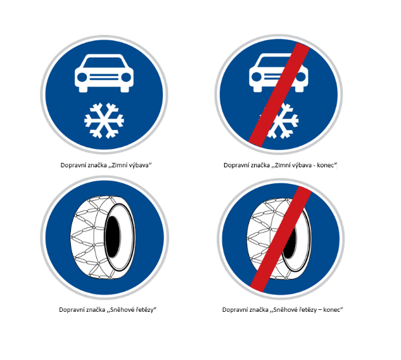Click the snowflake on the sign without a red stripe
point(104,120)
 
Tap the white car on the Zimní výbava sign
point(104,73)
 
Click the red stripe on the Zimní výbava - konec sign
point(279,94)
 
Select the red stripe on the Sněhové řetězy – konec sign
point(281,239)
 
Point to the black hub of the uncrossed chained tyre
point(113,237)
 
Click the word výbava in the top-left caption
point(139,165)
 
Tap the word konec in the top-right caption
point(326,165)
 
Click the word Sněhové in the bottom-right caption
point(284,310)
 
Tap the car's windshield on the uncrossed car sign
point(104,62)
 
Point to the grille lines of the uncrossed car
point(104,77)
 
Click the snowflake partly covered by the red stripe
point(280,121)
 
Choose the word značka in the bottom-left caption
point(96,310)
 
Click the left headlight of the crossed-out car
point(257,77)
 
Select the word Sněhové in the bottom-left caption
point(121,310)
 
